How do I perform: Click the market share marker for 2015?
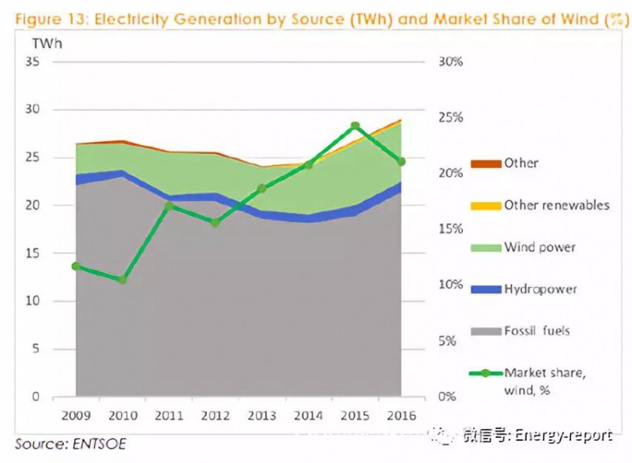(x=355, y=126)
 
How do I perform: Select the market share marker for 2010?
(x=122, y=279)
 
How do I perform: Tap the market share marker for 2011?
(x=168, y=207)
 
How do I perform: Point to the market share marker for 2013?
(x=261, y=189)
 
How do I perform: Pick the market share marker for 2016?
(x=401, y=162)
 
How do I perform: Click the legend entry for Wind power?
(x=540, y=247)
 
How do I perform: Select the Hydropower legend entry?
(x=540, y=289)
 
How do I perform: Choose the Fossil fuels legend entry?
(x=536, y=330)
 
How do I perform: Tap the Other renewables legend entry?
(x=556, y=205)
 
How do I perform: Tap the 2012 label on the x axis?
(x=215, y=415)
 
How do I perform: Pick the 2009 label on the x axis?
(x=76, y=415)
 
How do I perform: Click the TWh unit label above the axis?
(x=48, y=43)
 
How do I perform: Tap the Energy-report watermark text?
(x=562, y=435)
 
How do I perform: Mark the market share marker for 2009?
(x=76, y=267)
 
